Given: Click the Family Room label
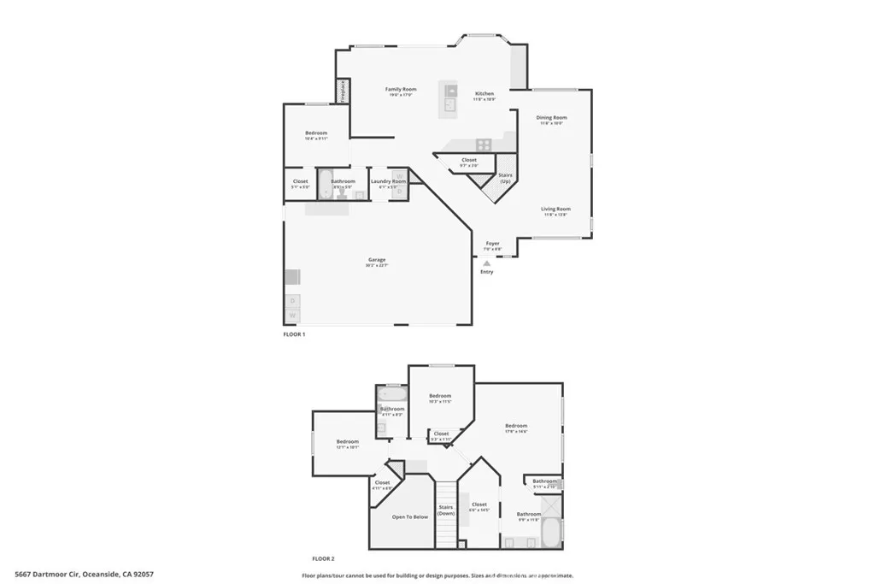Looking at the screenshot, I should pos(400,89).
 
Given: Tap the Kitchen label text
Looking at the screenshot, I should pos(484,93).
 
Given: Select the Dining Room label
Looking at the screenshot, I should pos(551,117).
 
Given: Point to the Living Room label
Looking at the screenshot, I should pos(555,209).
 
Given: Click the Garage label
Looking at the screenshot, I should pos(377,260).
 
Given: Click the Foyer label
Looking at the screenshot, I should pos(492,244).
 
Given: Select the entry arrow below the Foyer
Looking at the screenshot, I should pos(487,264).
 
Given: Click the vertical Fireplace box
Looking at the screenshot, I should pos(343,90).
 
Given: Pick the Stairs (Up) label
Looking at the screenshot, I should pos(505,178).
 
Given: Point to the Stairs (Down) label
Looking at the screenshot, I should pos(446,510).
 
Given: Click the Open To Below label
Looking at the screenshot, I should pos(409,517).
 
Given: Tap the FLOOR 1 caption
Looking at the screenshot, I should pos(294,334).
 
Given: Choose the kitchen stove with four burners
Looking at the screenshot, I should pos(483,145).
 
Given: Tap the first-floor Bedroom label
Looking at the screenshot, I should pos(316,133).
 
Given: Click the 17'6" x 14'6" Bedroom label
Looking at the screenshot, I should pos(516,426).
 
